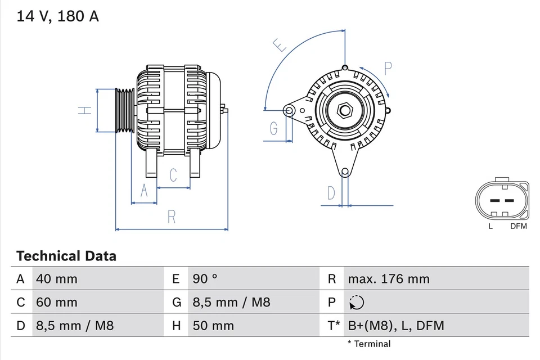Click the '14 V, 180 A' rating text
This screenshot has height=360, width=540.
(x=57, y=16)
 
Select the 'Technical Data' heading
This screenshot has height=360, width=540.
(x=66, y=256)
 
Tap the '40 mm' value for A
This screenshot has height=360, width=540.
(x=57, y=278)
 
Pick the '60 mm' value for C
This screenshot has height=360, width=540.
(x=57, y=302)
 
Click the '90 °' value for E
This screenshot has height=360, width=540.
(x=205, y=278)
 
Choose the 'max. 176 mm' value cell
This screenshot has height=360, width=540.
(x=389, y=278)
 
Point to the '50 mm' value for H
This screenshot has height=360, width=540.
(x=213, y=326)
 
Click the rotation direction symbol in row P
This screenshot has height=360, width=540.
(x=356, y=303)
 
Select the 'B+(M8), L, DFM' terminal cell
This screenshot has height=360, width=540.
(x=396, y=326)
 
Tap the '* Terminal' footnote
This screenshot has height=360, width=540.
(x=368, y=344)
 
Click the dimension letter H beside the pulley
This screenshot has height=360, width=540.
(x=84, y=110)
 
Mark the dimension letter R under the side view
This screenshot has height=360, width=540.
(x=172, y=217)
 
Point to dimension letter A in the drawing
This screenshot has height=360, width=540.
(x=144, y=191)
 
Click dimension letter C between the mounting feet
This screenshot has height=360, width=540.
(x=173, y=175)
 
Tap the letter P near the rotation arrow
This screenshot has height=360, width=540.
(x=388, y=69)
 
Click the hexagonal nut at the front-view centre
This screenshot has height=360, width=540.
(x=344, y=110)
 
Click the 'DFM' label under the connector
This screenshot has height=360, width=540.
(x=518, y=226)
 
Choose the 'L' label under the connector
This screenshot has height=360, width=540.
(x=490, y=226)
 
